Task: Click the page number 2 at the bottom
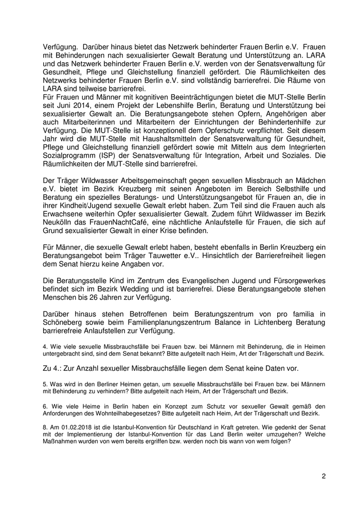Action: click(324, 476)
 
